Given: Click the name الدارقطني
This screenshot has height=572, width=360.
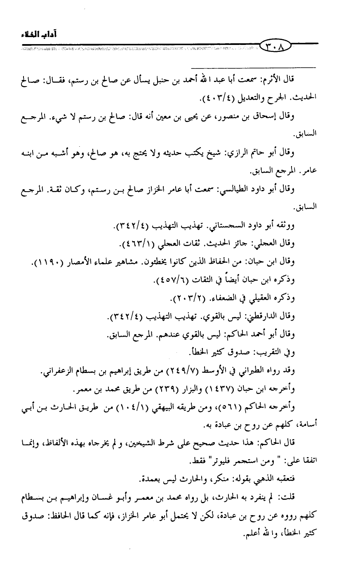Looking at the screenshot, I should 252,316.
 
